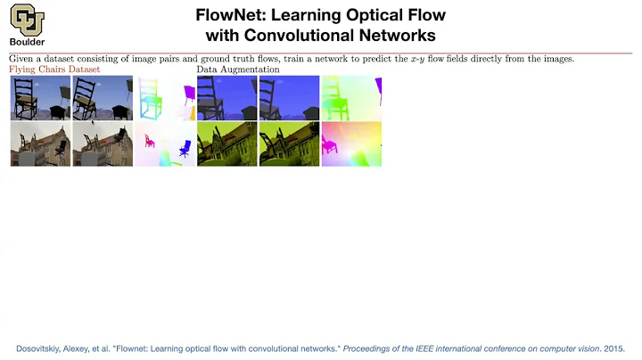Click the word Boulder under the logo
pyautogui.click(x=28, y=41)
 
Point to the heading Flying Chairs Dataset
pyautogui.click(x=54, y=70)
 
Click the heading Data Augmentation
pyautogui.click(x=238, y=70)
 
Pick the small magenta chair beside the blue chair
pyautogui.click(x=150, y=141)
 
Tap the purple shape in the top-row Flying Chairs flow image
pyautogui.click(x=188, y=92)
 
